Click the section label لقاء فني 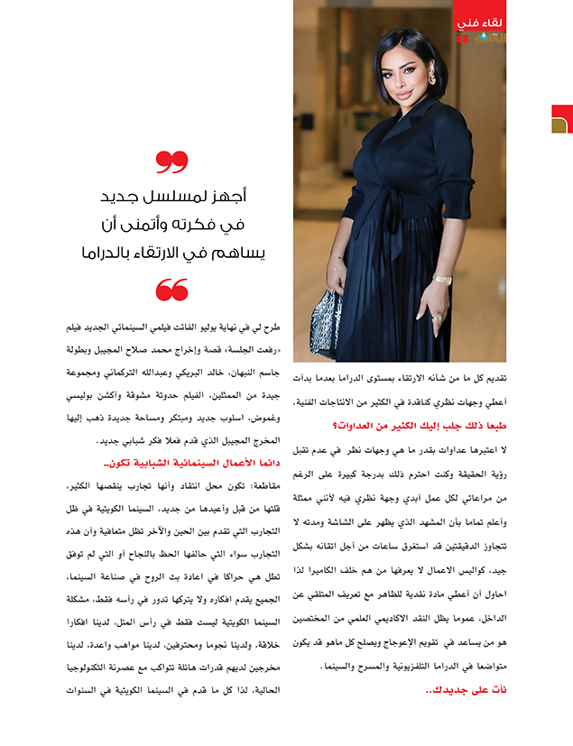click(478, 20)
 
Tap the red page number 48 click(462, 39)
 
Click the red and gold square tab click(562, 119)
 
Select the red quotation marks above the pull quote click(171, 161)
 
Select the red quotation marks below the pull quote click(171, 289)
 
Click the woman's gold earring click(430, 79)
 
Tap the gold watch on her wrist click(442, 279)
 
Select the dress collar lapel click(401, 131)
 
